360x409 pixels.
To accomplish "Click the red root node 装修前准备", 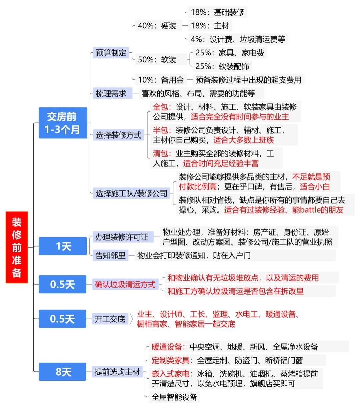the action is pos(17,247).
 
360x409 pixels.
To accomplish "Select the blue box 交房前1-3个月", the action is pos(63,123).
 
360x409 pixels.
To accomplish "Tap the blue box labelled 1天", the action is pos(63,246).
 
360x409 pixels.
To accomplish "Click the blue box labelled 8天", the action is pos(63,372).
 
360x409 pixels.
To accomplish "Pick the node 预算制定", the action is pos(111,53).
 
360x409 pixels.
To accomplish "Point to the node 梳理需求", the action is pos(111,93).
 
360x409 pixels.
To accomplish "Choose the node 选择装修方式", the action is pos(118,135).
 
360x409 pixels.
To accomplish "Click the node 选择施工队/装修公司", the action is pos(131,193).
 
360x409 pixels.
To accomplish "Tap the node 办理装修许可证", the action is pos(122,237).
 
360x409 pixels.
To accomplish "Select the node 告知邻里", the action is pos(110,256).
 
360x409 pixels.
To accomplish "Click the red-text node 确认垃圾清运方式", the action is pos(125,285).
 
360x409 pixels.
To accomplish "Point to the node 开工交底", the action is pos(110,319).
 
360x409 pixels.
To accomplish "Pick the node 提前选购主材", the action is pos(117,372).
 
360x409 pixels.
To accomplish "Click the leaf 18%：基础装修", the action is pos(217,12).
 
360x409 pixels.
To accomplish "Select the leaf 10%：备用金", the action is pos(161,80).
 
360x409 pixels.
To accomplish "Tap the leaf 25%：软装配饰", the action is pos(222,66).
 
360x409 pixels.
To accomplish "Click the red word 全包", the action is pos(161,107).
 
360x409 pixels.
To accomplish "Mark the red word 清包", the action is pos(161,153).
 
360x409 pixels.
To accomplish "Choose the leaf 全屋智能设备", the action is pos(174,397).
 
